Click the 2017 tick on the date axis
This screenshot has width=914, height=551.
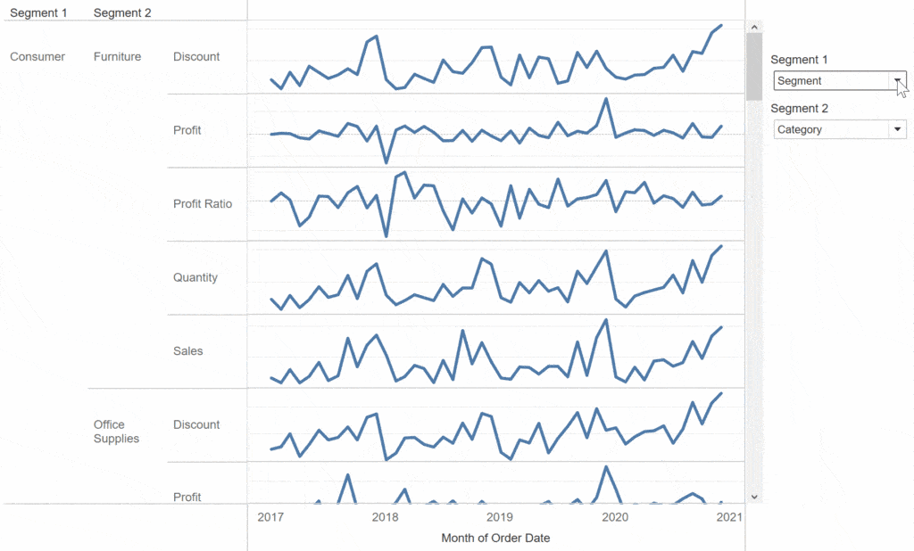point(270,516)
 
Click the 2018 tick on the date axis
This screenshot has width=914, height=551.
point(385,516)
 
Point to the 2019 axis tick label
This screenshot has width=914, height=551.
point(500,516)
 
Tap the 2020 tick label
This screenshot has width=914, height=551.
point(615,516)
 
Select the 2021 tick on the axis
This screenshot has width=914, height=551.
point(729,516)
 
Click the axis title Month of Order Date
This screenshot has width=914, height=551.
point(495,538)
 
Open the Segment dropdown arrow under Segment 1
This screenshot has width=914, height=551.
point(896,80)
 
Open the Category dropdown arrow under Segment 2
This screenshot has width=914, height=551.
point(896,129)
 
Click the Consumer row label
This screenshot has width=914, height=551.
point(37,57)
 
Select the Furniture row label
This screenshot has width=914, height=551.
point(117,57)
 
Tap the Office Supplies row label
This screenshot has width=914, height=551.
point(116,432)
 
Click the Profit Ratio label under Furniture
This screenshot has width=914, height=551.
point(203,204)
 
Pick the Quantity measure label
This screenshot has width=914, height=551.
point(195,277)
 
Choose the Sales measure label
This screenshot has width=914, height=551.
point(188,351)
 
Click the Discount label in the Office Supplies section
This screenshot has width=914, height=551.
point(196,424)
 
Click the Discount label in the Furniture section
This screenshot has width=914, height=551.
point(196,57)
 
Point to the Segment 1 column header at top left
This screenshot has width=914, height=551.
point(38,12)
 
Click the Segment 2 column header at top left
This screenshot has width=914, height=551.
point(122,12)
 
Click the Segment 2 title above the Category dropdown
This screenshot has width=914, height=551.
point(799,109)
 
